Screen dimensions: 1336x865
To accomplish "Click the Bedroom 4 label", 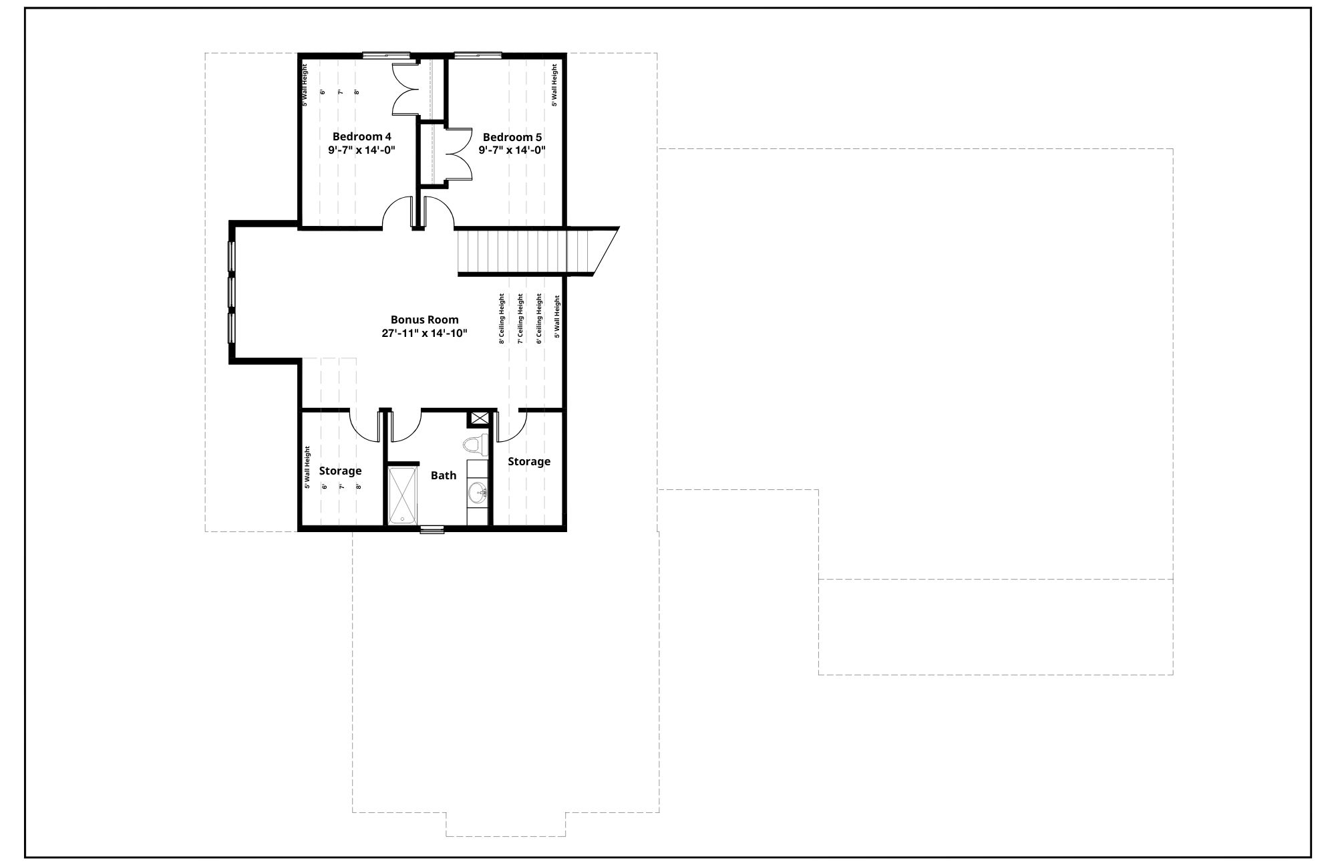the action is pos(361,137).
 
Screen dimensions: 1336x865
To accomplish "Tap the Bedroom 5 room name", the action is pos(512,137).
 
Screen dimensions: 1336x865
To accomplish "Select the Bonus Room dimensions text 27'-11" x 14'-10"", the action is pos(424,333).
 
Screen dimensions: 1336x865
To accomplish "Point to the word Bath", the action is pos(444,475).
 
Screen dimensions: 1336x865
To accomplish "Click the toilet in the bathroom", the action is pos(476,445).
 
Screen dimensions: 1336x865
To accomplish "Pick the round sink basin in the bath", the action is pos(477,494).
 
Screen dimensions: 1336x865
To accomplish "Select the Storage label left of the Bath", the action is pos(340,471).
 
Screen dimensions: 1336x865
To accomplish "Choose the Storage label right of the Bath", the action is pos(529,461).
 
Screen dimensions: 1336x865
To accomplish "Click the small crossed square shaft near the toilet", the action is pos(479,419).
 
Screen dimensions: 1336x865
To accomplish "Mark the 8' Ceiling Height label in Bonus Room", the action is pos(502,319).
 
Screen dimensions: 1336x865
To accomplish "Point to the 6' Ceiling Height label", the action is pos(539,319).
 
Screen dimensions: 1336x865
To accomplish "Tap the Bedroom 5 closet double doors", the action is pos(458,154).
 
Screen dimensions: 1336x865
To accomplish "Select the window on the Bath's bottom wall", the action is pos(432,530).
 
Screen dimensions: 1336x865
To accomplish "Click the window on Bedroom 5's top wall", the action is pos(478,55).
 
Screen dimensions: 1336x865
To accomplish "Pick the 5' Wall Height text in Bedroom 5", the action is pos(554,85).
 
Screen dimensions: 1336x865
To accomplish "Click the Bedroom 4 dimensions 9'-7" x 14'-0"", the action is pos(362,150).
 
